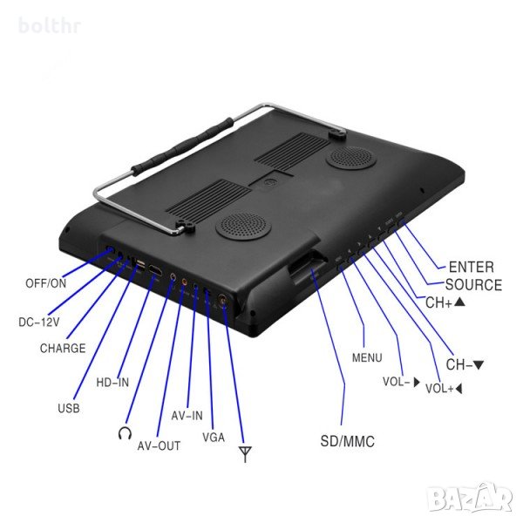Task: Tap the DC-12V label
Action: (x=39, y=322)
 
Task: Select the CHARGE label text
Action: (x=62, y=349)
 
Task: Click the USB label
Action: (x=69, y=407)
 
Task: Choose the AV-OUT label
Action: (x=160, y=445)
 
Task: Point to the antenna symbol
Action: (x=245, y=453)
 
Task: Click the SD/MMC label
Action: (x=346, y=442)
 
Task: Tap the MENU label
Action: (x=366, y=357)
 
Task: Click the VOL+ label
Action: (x=444, y=389)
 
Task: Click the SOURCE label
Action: (x=473, y=284)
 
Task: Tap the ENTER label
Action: (x=471, y=267)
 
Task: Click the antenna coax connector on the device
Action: (x=223, y=302)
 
